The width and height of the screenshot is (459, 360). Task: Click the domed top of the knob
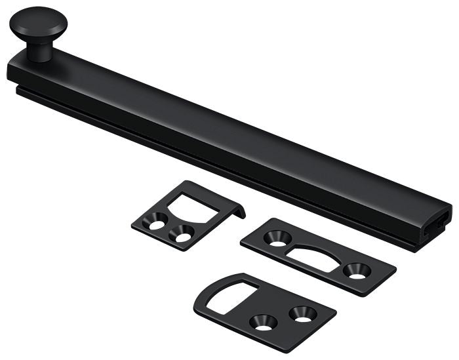coord(38,18)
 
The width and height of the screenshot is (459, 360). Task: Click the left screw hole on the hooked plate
coord(155,224)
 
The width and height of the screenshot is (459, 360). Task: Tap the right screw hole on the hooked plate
coord(182,233)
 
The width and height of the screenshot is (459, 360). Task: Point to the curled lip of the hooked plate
coord(240,211)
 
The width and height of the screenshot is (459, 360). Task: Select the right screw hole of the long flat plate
coord(357,270)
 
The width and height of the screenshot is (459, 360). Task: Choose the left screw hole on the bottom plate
coord(264,321)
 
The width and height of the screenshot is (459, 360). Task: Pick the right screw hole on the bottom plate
coord(302,313)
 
